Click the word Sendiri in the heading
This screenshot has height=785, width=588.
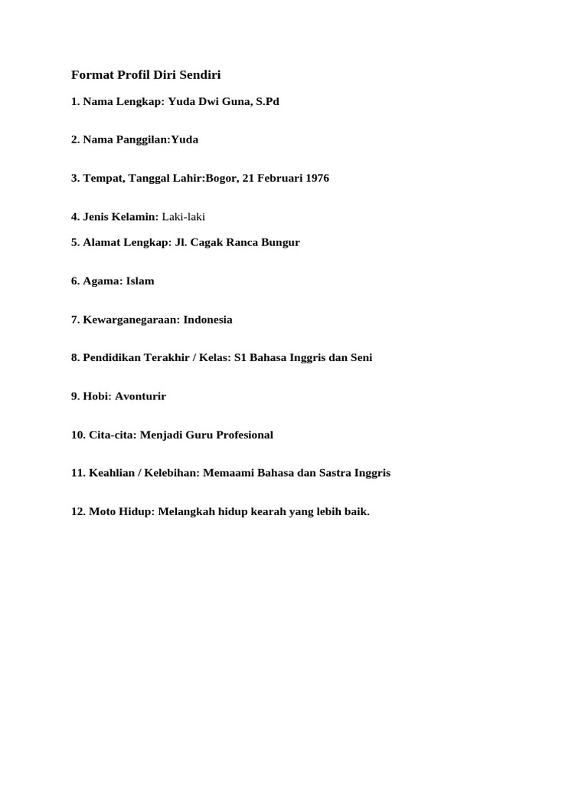(x=199, y=74)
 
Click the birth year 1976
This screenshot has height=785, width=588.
(x=316, y=178)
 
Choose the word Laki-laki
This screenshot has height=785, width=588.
(x=184, y=217)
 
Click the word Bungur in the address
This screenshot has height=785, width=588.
(x=279, y=242)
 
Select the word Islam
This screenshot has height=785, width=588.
(x=140, y=281)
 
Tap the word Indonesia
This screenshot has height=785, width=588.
(x=207, y=319)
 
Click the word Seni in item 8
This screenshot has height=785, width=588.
(x=361, y=357)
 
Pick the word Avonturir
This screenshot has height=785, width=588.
(x=140, y=396)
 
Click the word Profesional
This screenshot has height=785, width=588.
(x=243, y=435)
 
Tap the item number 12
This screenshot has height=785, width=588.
(x=78, y=511)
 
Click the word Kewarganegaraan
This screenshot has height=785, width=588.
(x=131, y=319)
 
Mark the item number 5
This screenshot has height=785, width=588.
(x=75, y=242)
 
